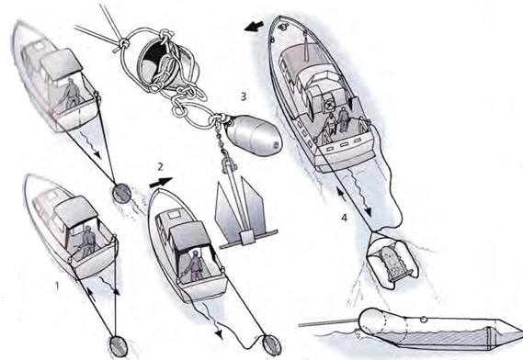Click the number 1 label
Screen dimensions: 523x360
[x=57, y=286]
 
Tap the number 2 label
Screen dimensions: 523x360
[x=161, y=166]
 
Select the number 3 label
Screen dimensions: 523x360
[x=244, y=96]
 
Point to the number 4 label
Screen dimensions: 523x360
[x=344, y=218]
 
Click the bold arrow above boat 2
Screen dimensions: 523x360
[x=161, y=182]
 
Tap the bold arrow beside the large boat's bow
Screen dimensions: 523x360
[x=255, y=27]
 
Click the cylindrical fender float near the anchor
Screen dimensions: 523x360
[x=255, y=135]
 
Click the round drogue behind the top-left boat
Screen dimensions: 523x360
[x=121, y=194]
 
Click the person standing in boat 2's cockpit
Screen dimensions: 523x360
[x=196, y=265]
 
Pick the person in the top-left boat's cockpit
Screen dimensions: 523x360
[x=71, y=95]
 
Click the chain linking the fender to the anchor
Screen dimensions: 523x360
[x=221, y=140]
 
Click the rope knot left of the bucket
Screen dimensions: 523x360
[x=123, y=43]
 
